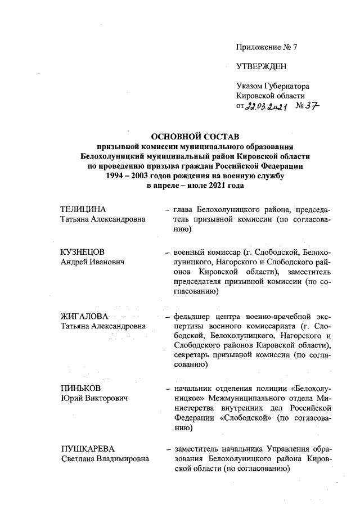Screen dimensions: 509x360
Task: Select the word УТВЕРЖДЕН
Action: pos(262,66)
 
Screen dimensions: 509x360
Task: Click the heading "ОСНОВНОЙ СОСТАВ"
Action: pos(195,137)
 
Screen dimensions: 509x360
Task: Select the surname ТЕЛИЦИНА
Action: pos(83,210)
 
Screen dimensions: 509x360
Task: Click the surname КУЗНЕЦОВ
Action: pos(83,252)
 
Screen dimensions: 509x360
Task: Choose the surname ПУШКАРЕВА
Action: pos(87,448)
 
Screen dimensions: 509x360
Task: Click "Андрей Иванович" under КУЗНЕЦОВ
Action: pos(93,262)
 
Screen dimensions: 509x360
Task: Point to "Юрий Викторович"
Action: pos(94,399)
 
